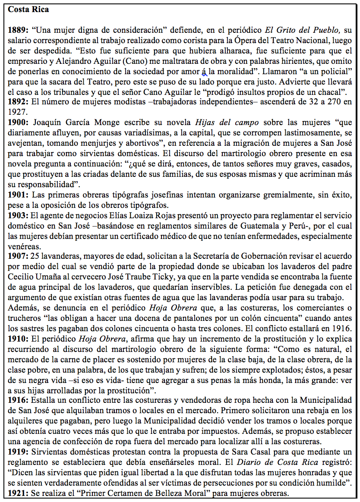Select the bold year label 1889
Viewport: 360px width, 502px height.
[x=17, y=31]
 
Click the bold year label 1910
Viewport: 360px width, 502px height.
[x=17, y=339]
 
